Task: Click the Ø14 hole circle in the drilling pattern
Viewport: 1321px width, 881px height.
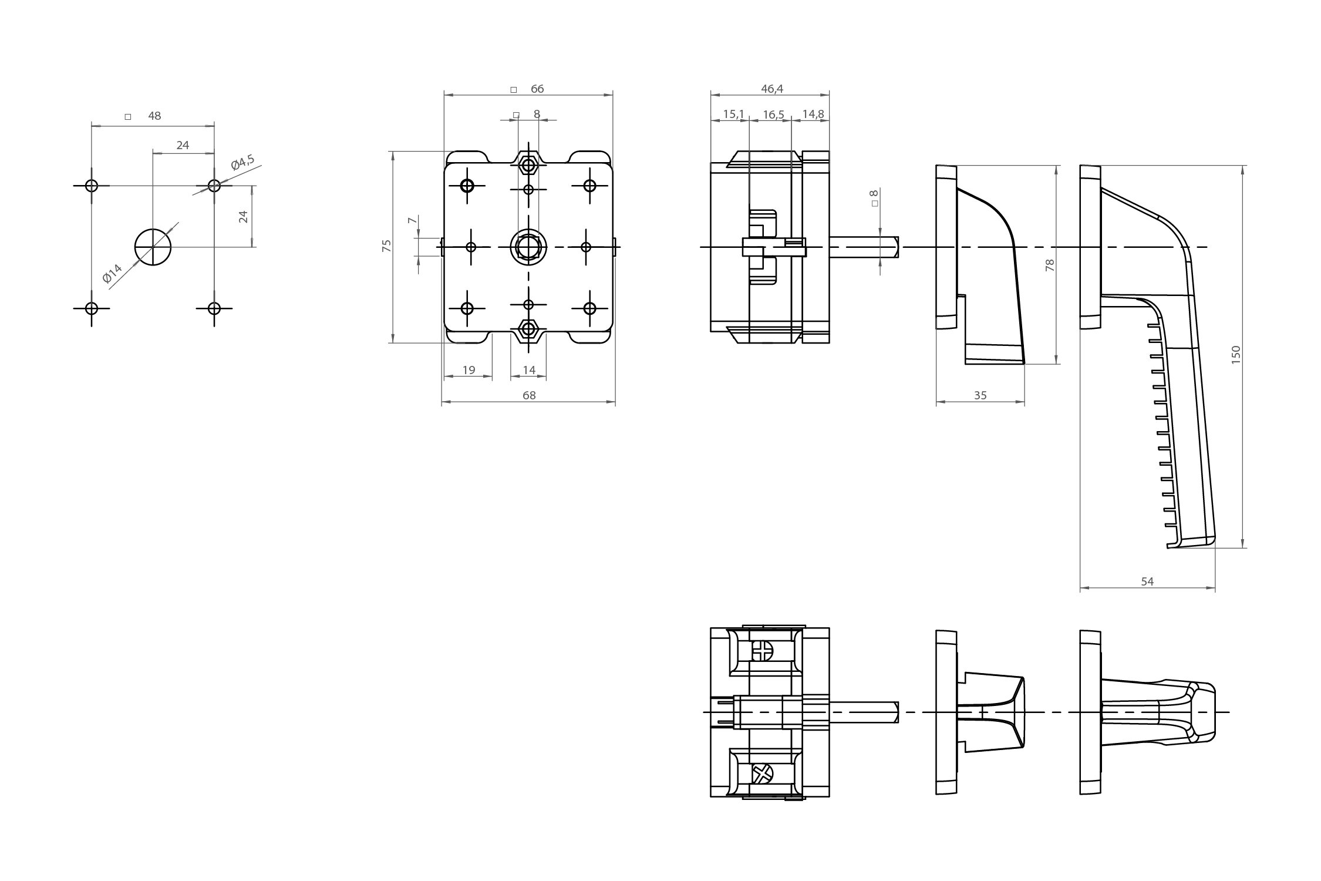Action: click(x=153, y=247)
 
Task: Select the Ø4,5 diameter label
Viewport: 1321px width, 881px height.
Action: click(x=242, y=163)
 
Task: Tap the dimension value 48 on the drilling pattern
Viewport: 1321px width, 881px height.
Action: click(x=154, y=116)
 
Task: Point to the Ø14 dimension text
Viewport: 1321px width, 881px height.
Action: click(x=112, y=273)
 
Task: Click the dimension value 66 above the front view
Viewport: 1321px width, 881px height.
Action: click(x=537, y=89)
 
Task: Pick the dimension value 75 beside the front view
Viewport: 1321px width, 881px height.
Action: click(x=386, y=246)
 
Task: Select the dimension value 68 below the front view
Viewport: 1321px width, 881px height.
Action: click(x=529, y=395)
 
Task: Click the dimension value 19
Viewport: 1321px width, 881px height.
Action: click(x=469, y=370)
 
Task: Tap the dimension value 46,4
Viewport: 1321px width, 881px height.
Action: click(x=772, y=89)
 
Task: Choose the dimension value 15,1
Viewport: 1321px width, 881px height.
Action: click(x=733, y=114)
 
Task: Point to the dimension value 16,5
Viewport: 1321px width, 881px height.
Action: click(x=773, y=114)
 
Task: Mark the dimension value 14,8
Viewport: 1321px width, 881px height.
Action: click(x=813, y=114)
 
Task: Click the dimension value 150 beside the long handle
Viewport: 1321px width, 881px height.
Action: click(x=1235, y=355)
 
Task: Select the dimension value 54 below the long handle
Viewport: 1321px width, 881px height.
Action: click(x=1147, y=581)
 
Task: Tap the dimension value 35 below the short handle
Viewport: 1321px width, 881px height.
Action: click(x=980, y=395)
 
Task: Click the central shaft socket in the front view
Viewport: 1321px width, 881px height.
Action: click(x=528, y=247)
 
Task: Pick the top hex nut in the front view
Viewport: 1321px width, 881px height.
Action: click(x=528, y=163)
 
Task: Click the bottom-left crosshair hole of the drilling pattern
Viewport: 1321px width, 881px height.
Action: click(x=91, y=308)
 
